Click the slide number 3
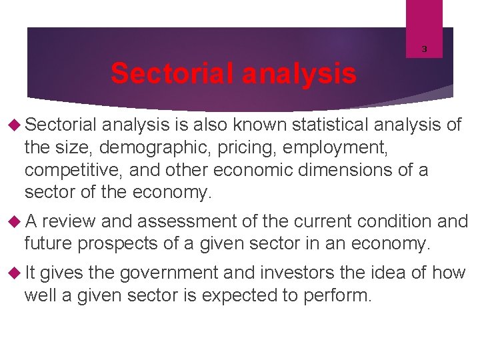point(424,49)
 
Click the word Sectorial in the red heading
point(173,73)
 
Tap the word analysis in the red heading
point(299,73)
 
